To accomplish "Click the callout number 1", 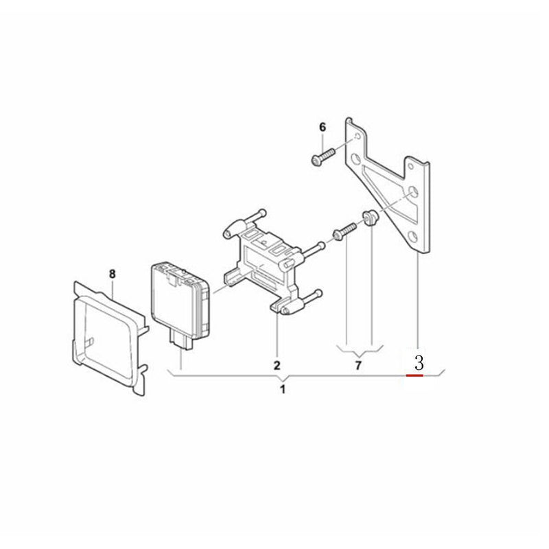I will [x=283, y=390].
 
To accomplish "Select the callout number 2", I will [x=277, y=364].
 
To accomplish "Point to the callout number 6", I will [x=323, y=128].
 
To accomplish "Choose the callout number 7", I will [x=358, y=365].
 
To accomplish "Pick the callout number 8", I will [x=113, y=274].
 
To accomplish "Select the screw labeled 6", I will [x=322, y=156].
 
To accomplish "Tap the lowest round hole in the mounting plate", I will [x=412, y=237].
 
